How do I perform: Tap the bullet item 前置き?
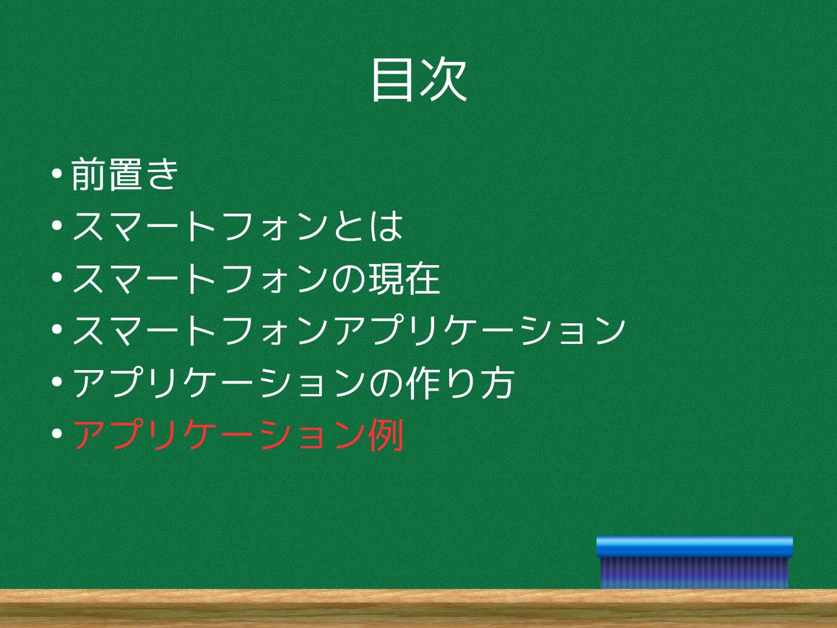coord(124,174)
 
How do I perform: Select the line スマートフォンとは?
coord(237,226)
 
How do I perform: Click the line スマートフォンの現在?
coord(256,279)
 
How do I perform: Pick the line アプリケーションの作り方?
coord(294,382)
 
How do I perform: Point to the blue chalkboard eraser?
coord(694,563)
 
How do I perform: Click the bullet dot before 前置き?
coord(57,174)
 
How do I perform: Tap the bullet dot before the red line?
coord(57,433)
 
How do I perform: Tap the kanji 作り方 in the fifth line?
coord(460,382)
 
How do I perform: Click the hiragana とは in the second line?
coord(368,226)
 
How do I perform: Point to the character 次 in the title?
coord(444,80)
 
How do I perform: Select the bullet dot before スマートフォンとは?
coord(57,226)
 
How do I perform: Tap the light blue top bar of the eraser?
coord(694,546)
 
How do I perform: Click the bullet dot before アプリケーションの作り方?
coord(57,381)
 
